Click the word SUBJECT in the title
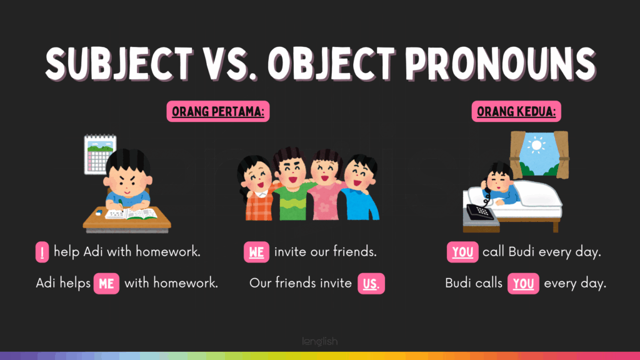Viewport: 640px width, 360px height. click(119, 64)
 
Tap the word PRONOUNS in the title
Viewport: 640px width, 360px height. click(501, 64)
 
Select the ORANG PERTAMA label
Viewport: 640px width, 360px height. click(218, 111)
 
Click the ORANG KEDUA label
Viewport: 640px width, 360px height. click(516, 111)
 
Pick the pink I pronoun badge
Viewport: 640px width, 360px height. click(42, 252)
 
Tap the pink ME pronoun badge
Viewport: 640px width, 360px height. click(106, 283)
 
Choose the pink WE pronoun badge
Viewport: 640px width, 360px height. click(256, 252)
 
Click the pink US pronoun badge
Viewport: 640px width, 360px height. click(371, 283)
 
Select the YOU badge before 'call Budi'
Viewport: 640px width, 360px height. click(462, 252)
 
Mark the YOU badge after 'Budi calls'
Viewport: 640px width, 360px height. click(523, 283)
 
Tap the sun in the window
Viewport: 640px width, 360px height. click(536, 145)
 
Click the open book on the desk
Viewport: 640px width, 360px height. click(131, 214)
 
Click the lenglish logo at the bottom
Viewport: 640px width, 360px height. click(320, 341)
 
